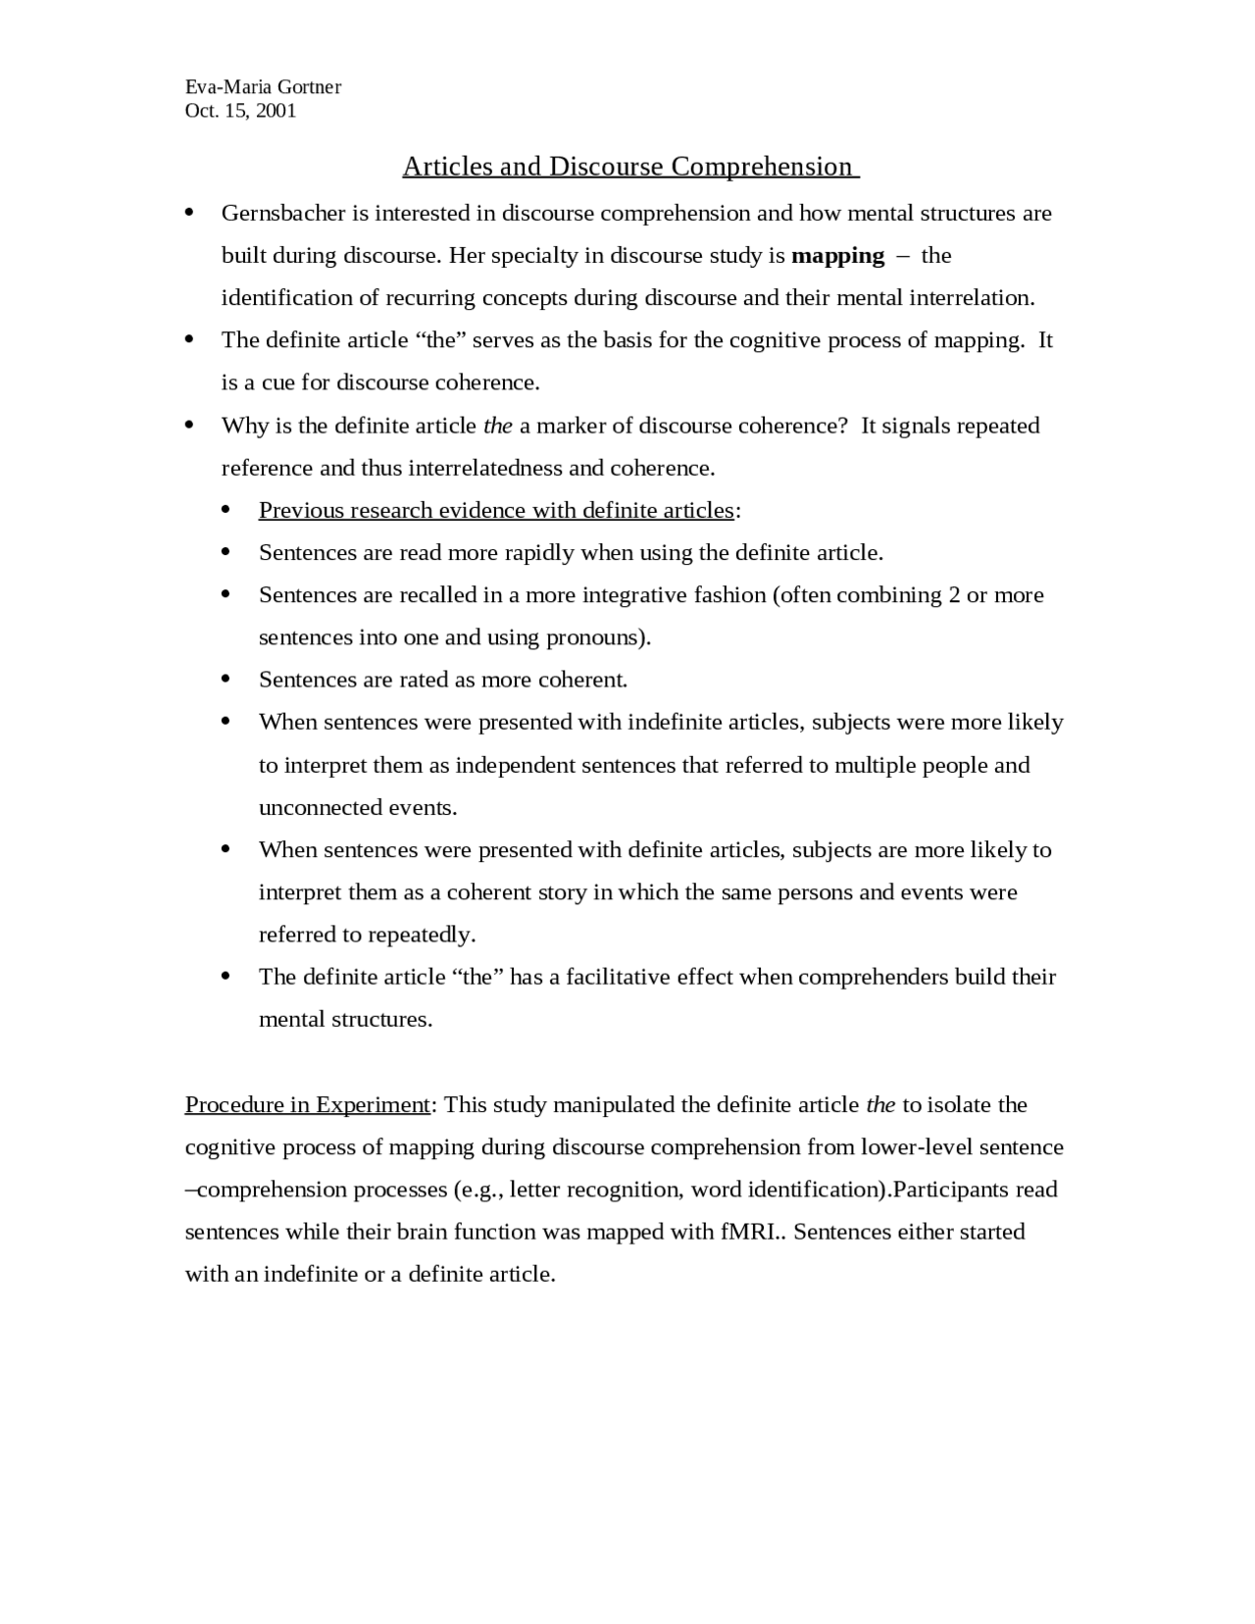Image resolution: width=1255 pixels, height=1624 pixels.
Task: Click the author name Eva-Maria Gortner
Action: (263, 87)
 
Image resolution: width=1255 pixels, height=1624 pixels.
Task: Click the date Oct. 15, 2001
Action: (240, 111)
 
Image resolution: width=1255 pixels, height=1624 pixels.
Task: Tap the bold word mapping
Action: (837, 256)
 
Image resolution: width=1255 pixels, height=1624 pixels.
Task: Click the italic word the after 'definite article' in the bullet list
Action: (498, 426)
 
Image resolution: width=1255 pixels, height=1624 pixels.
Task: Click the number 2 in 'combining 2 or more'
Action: (954, 595)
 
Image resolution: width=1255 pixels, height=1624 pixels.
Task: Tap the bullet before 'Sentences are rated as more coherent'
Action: (226, 679)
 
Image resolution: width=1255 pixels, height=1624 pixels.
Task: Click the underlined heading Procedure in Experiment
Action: (307, 1105)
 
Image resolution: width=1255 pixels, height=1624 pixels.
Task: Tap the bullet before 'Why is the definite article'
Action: (189, 425)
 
